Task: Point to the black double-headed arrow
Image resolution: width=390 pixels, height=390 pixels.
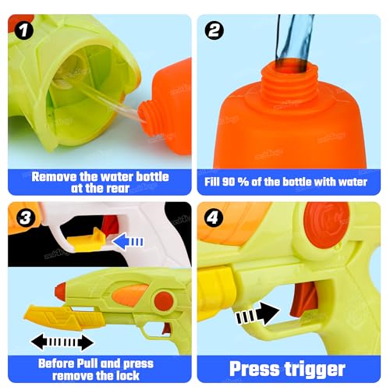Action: click(62, 342)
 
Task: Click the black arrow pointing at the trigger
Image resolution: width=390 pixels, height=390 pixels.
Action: click(257, 313)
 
